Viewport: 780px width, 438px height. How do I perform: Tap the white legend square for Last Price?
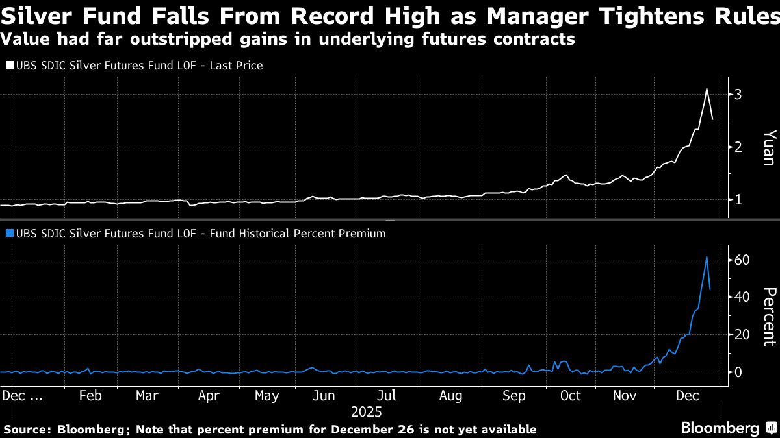pyautogui.click(x=9, y=66)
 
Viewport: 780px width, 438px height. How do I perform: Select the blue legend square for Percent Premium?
pyautogui.click(x=9, y=234)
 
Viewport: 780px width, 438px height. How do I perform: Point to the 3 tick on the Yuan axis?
pyautogui.click(x=738, y=95)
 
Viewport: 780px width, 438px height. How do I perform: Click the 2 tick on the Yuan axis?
pyautogui.click(x=738, y=147)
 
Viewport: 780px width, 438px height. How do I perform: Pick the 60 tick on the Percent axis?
pyautogui.click(x=742, y=260)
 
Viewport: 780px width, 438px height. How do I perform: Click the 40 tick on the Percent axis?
pyautogui.click(x=742, y=297)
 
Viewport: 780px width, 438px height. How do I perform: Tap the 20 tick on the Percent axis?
pyautogui.click(x=742, y=335)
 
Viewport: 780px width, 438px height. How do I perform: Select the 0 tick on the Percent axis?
pyautogui.click(x=738, y=372)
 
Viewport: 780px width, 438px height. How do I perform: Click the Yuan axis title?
pyautogui.click(x=768, y=147)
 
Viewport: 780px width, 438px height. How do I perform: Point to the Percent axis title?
pyautogui.click(x=768, y=316)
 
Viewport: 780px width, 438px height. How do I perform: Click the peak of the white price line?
pyautogui.click(x=707, y=89)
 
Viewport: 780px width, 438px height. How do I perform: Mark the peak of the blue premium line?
pyautogui.click(x=707, y=257)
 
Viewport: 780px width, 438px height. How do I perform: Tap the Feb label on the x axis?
pyautogui.click(x=90, y=396)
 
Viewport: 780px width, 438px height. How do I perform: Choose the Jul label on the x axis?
pyautogui.click(x=387, y=396)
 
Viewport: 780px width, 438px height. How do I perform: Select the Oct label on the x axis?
pyautogui.click(x=570, y=396)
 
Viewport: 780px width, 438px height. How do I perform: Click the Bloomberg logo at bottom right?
pyautogui.click(x=720, y=428)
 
